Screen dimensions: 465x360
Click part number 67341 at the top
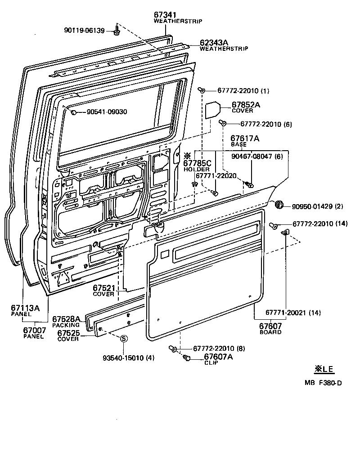pos(165,15)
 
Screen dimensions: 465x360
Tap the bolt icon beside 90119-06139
pos(117,31)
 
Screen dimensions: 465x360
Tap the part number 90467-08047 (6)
pos(257,156)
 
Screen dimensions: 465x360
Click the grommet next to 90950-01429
pos(279,206)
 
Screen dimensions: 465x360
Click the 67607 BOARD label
pos(271,328)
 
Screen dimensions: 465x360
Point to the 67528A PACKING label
pos(66,321)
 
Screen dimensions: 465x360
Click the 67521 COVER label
pos(104,290)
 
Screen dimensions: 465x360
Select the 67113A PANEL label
pos(25,310)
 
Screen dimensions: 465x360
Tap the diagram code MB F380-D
pos(323,383)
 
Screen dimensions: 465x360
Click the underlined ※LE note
pos(324,369)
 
